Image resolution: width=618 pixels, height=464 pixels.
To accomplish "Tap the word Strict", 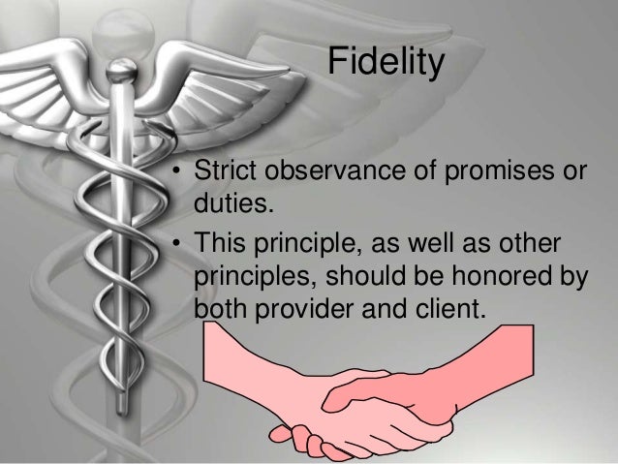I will pyautogui.click(x=220, y=173).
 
